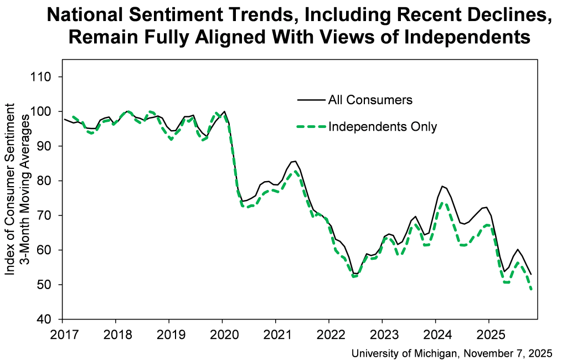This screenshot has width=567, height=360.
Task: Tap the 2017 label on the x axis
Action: [x=62, y=335]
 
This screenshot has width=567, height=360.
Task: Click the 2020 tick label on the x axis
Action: [x=222, y=335]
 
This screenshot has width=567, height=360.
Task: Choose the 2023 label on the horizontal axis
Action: [x=382, y=335]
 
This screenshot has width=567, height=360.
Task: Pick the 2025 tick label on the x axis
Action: [x=488, y=335]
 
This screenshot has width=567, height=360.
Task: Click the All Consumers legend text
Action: [x=370, y=100]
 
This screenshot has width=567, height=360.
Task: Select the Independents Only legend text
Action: [x=383, y=127]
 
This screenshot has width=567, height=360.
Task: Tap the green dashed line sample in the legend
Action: [x=311, y=127]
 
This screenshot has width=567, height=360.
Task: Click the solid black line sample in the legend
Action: [x=311, y=100]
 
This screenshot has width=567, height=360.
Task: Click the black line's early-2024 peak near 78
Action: [x=442, y=186]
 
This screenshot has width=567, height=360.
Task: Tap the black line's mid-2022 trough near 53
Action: [x=355, y=274]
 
